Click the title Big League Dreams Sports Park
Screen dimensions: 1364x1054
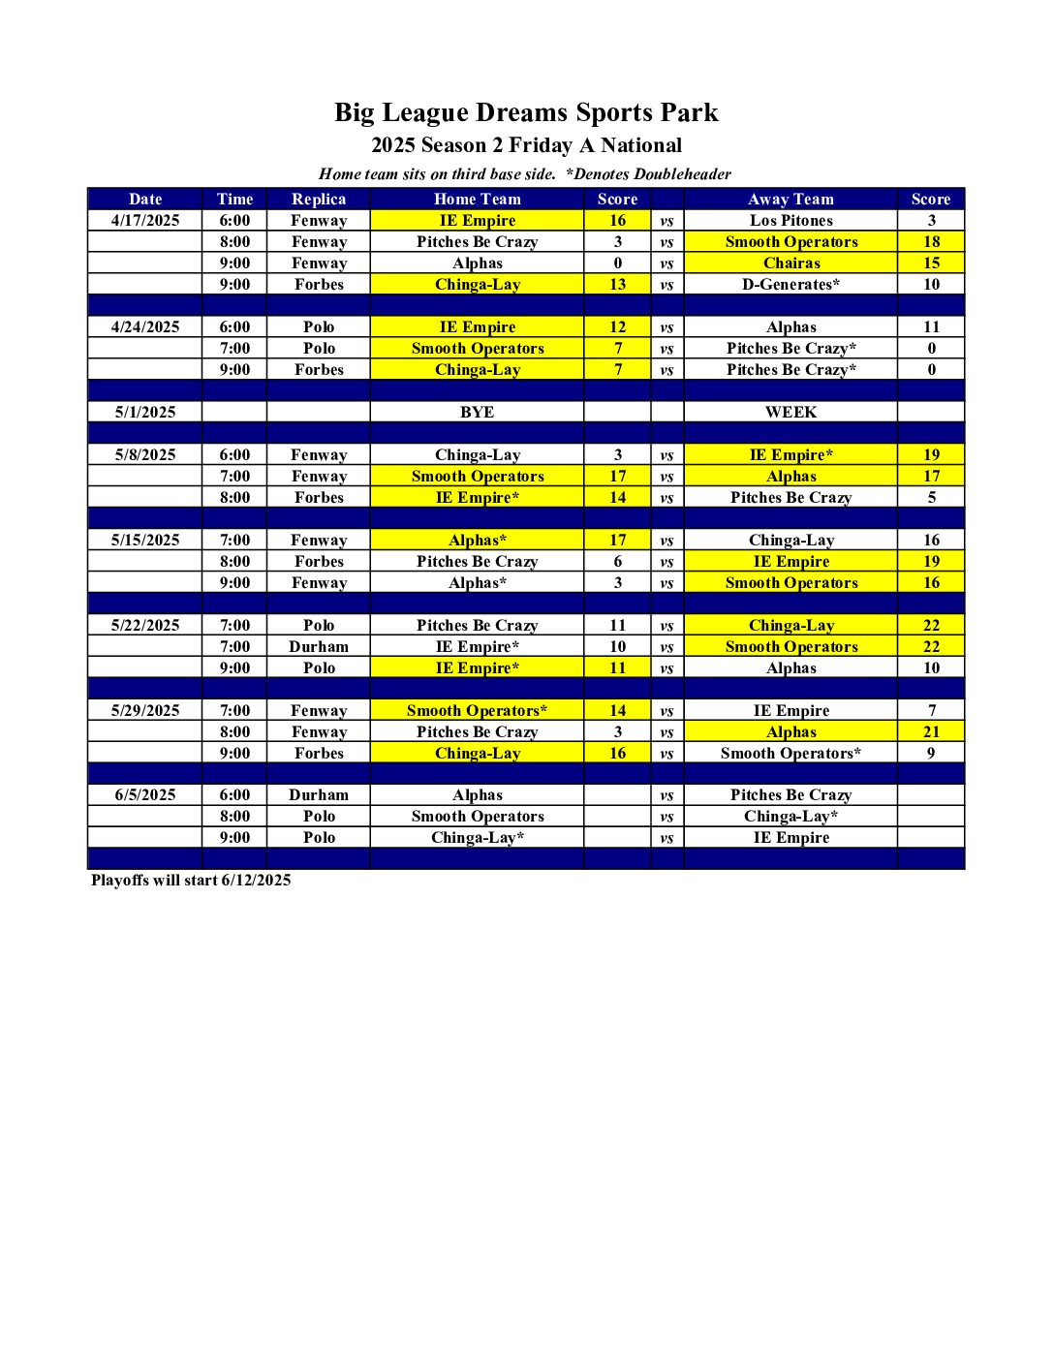pos(526,112)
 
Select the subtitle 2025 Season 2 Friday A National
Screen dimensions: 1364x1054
pos(526,145)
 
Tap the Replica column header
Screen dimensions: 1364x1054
pos(319,199)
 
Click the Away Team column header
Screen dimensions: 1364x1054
pos(790,199)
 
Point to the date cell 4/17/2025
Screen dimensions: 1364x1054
pos(145,221)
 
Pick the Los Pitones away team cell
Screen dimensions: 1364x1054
pos(790,221)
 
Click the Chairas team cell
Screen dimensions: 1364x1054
pos(790,263)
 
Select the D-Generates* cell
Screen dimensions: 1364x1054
pos(790,285)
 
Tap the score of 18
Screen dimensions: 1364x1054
pos(931,242)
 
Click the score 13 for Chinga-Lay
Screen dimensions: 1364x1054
pos(617,285)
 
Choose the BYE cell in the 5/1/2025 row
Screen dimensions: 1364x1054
pos(477,413)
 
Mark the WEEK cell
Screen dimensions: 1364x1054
pos(790,413)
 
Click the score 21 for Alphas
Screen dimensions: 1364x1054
pos(931,732)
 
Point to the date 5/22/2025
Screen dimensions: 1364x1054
pos(145,626)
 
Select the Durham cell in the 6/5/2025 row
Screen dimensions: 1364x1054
pos(319,795)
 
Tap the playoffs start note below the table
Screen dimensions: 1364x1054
pos(191,881)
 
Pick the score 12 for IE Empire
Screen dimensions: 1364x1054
pos(617,327)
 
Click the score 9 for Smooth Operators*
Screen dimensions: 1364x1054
pos(931,754)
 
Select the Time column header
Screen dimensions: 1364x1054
pos(234,199)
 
